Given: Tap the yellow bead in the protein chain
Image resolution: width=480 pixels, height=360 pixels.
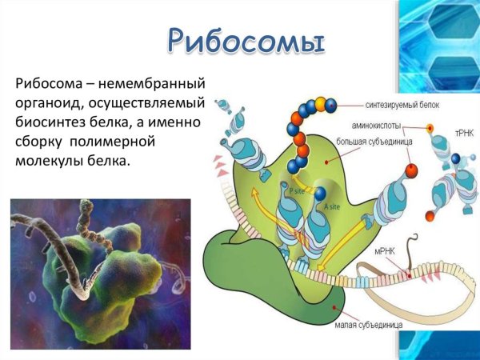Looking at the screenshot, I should (x=320, y=102).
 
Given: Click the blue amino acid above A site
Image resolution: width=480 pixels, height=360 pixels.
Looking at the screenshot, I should (x=320, y=194).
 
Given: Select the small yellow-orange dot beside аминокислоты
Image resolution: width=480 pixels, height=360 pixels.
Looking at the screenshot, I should (x=430, y=128).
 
